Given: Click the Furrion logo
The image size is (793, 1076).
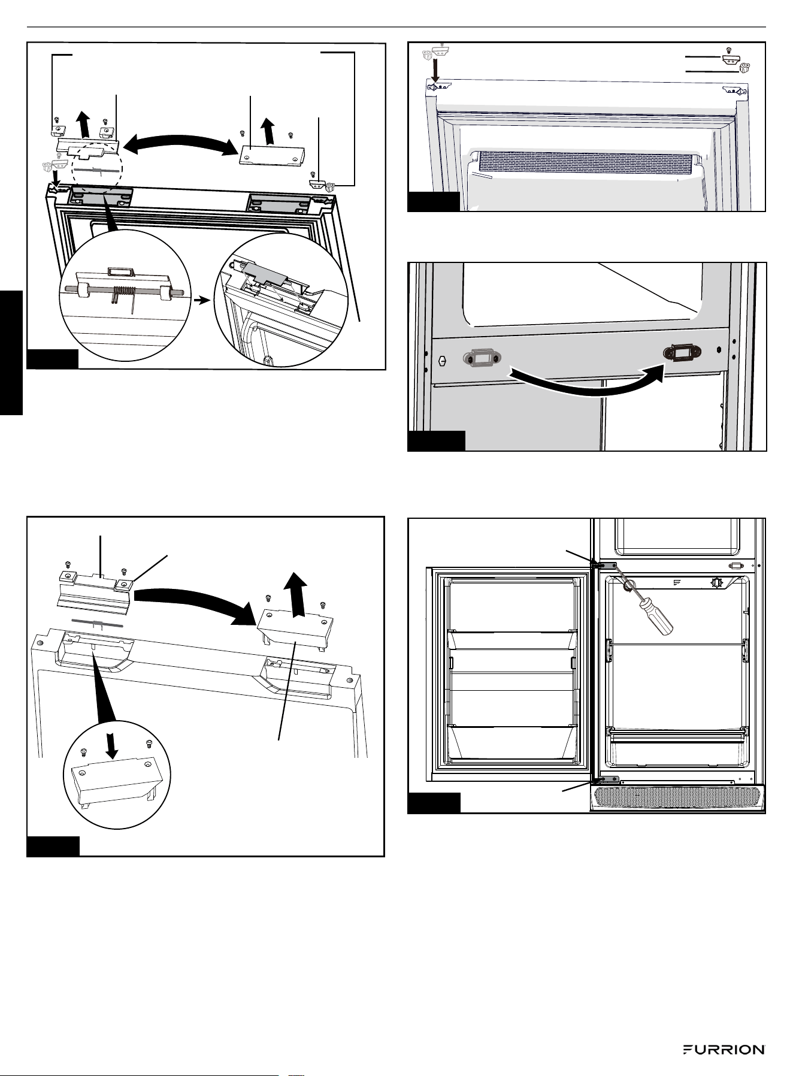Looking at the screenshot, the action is tap(724, 1050).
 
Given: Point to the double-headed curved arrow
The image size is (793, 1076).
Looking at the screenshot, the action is tap(181, 144).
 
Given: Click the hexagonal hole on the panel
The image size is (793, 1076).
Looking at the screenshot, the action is tap(443, 361).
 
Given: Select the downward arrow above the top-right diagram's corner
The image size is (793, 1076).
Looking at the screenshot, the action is tap(436, 68).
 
